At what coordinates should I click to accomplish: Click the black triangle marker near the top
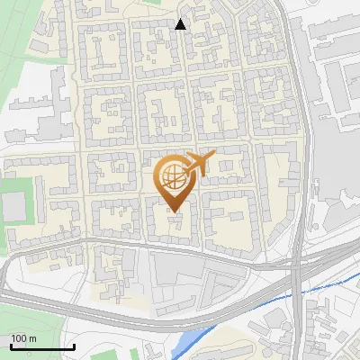click(x=181, y=24)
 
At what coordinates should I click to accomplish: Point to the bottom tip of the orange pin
click(x=174, y=211)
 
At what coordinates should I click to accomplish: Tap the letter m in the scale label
click(x=33, y=338)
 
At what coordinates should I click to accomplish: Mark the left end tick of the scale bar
click(x=11, y=346)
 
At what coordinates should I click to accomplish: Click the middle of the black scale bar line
click(x=42, y=347)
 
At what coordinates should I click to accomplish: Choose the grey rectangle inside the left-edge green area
click(x=13, y=208)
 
